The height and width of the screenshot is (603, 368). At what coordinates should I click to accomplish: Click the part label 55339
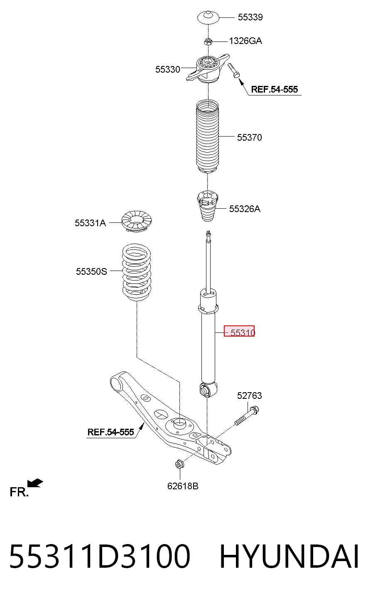pyautogui.click(x=250, y=17)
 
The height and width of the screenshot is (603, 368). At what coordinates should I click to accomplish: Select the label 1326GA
pyautogui.click(x=245, y=41)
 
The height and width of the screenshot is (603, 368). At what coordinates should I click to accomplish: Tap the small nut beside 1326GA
pyautogui.click(x=208, y=42)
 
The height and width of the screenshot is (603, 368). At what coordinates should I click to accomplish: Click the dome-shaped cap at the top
pyautogui.click(x=208, y=18)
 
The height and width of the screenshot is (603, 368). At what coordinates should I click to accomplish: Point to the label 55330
pyautogui.click(x=167, y=69)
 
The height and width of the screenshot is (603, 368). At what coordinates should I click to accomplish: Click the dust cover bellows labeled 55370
pyautogui.click(x=207, y=136)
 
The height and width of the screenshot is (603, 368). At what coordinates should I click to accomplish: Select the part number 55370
pyautogui.click(x=250, y=137)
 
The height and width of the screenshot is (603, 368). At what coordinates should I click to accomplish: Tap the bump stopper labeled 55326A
pyautogui.click(x=207, y=206)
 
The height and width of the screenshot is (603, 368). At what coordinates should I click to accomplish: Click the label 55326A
pyautogui.click(x=245, y=209)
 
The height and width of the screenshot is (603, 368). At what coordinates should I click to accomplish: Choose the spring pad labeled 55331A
pyautogui.click(x=137, y=222)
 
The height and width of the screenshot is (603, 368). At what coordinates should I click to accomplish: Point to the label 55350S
pyautogui.click(x=91, y=271)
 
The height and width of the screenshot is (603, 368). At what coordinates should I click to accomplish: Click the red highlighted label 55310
pyautogui.click(x=239, y=331)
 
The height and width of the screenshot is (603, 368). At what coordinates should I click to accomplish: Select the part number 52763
pyautogui.click(x=250, y=395)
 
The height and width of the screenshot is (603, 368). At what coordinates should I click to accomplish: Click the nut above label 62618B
pyautogui.click(x=179, y=464)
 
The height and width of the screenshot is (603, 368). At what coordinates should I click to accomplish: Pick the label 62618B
pyautogui.click(x=183, y=486)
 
